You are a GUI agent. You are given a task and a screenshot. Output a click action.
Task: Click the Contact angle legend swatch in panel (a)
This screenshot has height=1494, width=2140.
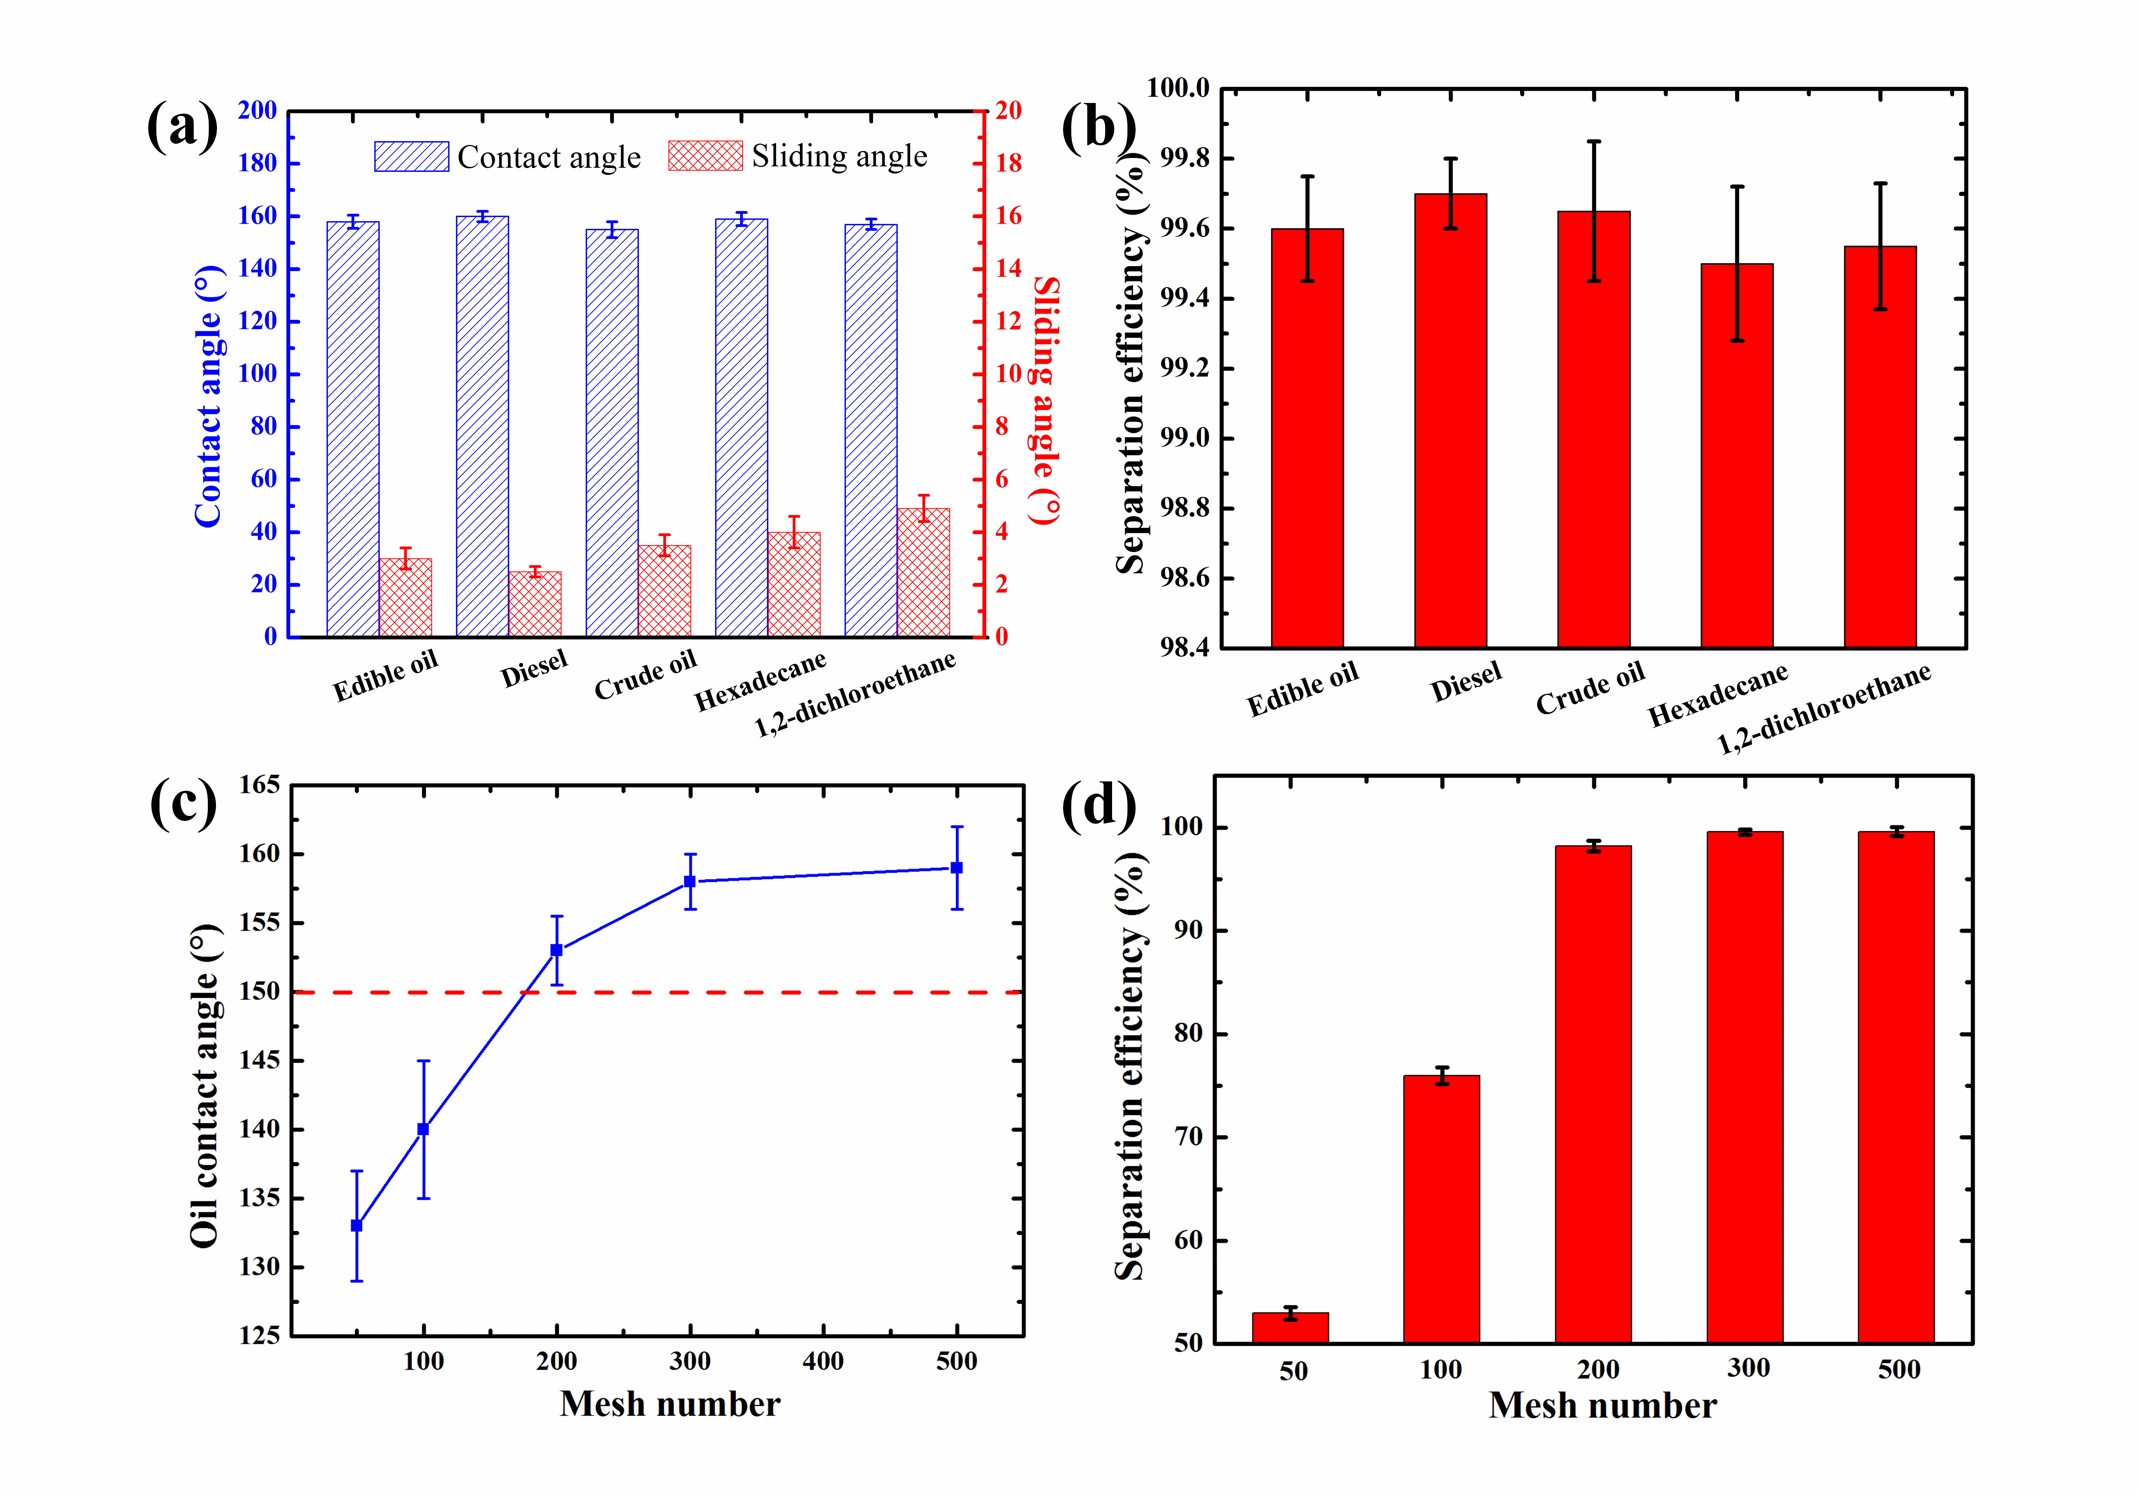click(x=411, y=157)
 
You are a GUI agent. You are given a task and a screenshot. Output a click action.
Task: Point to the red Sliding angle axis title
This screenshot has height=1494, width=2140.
click(x=1046, y=401)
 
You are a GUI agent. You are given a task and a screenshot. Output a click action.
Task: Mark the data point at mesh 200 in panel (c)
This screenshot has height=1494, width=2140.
click(x=556, y=950)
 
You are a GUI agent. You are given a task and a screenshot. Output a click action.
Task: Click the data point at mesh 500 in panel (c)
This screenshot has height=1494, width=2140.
click(x=956, y=868)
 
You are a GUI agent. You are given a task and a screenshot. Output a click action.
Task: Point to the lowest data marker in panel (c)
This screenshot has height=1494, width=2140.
click(x=356, y=1226)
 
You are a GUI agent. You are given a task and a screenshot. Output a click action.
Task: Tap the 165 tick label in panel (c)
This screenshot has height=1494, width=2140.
click(x=259, y=785)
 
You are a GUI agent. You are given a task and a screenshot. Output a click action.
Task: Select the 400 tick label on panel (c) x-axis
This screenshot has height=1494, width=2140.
click(x=823, y=1362)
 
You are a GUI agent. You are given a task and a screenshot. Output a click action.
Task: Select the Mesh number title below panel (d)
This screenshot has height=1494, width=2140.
click(x=1602, y=1405)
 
